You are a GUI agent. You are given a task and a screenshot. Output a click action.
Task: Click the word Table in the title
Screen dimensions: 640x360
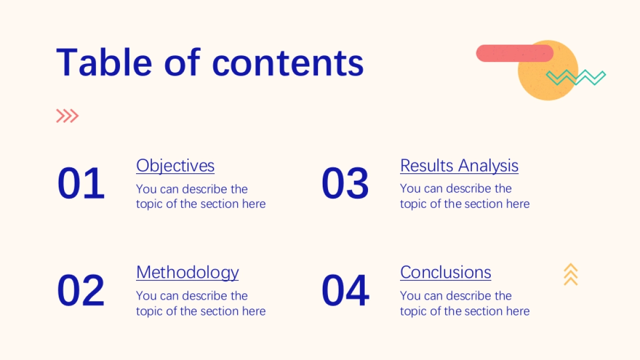104,62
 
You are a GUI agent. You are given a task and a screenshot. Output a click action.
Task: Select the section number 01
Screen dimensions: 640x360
81,183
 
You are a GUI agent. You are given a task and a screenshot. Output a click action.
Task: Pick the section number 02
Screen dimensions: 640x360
81,290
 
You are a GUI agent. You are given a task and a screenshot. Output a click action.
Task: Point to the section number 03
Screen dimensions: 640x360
345,183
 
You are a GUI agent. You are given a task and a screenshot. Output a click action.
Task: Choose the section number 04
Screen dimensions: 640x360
346,290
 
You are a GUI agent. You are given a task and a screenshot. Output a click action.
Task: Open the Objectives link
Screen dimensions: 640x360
175,166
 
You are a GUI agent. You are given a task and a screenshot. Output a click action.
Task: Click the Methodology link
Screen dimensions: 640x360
187,273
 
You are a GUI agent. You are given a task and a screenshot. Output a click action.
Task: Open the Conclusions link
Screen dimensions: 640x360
445,272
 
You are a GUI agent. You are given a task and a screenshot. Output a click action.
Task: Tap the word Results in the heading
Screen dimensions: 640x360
427,165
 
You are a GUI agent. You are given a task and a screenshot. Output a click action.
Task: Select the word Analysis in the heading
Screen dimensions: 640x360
489,166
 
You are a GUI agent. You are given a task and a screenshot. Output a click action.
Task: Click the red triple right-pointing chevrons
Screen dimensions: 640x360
67,116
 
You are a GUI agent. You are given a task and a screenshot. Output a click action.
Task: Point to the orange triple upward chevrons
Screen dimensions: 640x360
571,274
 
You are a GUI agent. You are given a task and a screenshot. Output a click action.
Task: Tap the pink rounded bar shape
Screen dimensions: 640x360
515,53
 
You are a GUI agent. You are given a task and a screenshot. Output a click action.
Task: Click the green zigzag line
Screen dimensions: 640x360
575,77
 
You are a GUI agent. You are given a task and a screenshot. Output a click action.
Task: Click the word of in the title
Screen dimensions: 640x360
182,62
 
